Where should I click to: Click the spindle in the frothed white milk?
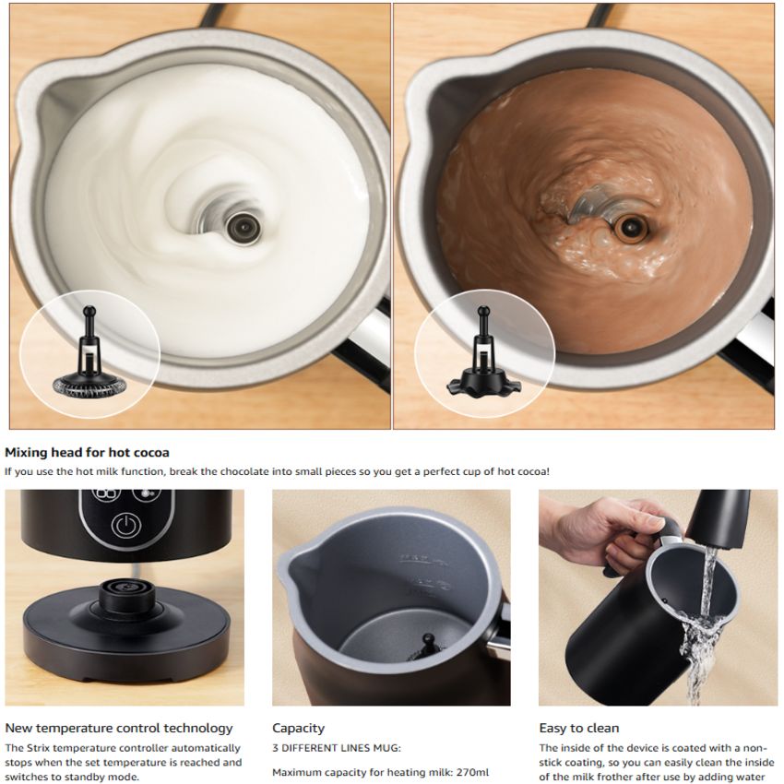(x=243, y=228)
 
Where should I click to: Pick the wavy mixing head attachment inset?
(x=483, y=351)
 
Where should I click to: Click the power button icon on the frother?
(x=125, y=526)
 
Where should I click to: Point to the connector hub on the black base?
(x=126, y=596)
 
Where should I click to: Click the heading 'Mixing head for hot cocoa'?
(x=87, y=453)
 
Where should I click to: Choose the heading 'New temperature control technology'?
(x=119, y=728)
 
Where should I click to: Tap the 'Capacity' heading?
(x=299, y=728)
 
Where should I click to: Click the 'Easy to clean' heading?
(x=579, y=728)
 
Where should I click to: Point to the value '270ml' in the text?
(x=472, y=773)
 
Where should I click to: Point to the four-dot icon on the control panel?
(x=107, y=493)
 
